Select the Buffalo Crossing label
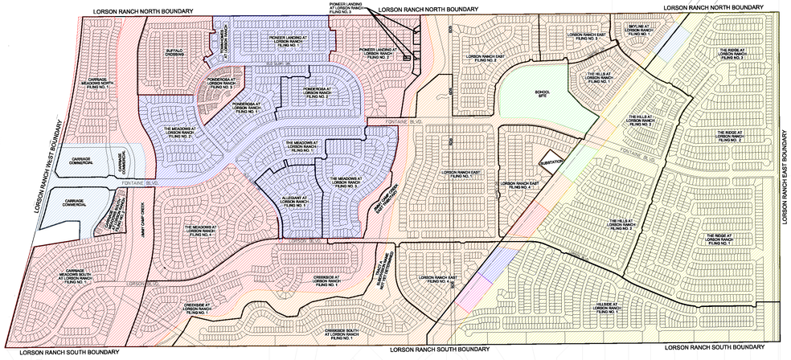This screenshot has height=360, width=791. click(175, 53)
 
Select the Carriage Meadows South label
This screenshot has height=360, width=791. click(81, 275)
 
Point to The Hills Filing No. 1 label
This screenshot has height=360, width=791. click(600, 77)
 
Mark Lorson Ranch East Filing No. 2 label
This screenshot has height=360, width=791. click(477, 57)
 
